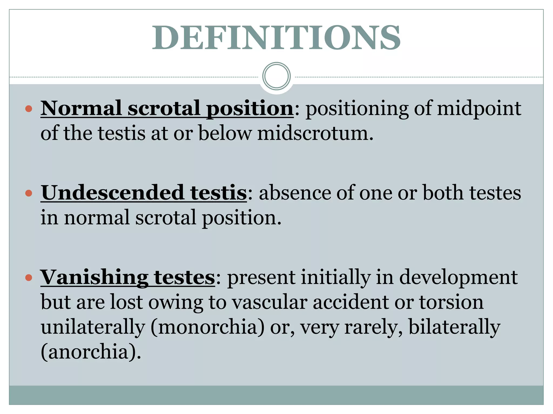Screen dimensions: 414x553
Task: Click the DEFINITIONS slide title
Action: pyautogui.click(x=276, y=37)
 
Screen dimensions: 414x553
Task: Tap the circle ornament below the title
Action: pyautogui.click(x=276, y=76)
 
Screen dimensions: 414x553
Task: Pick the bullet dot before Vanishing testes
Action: pyautogui.click(x=29, y=277)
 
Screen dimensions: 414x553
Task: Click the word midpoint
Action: pyautogui.click(x=479, y=108)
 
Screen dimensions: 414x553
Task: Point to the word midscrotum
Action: pyautogui.click(x=315, y=133)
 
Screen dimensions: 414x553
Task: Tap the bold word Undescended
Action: pyautogui.click(x=112, y=193)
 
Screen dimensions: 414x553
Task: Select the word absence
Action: pyautogui.click(x=295, y=193)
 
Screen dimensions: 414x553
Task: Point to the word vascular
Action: pyautogui.click(x=269, y=302)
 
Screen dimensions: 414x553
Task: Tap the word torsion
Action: pyautogui.click(x=451, y=302)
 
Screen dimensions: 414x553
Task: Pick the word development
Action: pyautogui.click(x=458, y=278)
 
